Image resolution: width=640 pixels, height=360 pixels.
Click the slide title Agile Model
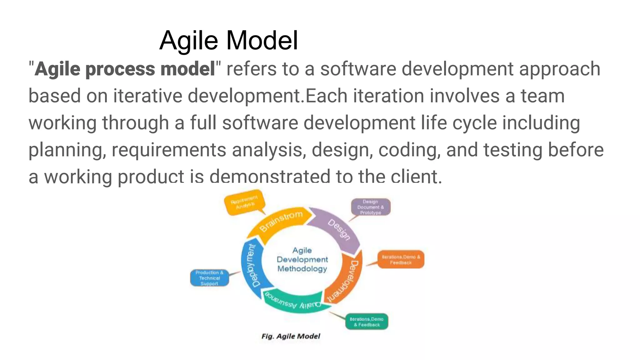click(x=229, y=40)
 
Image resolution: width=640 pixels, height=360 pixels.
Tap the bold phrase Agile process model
click(x=125, y=69)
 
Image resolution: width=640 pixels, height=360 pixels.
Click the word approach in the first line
click(x=559, y=69)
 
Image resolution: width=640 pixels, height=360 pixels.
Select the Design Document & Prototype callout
click(x=371, y=207)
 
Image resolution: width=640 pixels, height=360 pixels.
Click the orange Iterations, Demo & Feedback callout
click(x=401, y=259)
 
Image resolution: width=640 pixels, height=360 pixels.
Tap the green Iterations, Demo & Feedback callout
click(x=367, y=322)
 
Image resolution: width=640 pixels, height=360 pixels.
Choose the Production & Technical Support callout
click(x=209, y=278)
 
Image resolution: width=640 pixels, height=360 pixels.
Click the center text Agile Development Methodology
click(x=302, y=259)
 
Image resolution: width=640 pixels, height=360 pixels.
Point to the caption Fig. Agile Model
click(x=291, y=336)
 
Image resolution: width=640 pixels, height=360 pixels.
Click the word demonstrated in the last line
click(x=269, y=177)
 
